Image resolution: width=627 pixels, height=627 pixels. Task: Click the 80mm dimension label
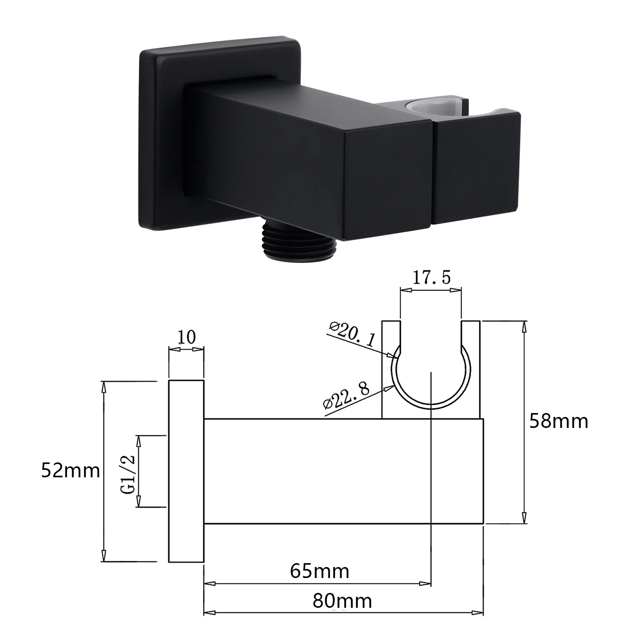[x=342, y=601]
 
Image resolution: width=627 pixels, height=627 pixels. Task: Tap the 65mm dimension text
[x=319, y=571]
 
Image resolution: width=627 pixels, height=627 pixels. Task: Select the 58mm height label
[x=559, y=421]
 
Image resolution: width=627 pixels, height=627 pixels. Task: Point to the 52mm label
[x=71, y=471]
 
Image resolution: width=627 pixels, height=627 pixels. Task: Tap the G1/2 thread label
[x=128, y=475]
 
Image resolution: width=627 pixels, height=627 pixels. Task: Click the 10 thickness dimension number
[x=187, y=337]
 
